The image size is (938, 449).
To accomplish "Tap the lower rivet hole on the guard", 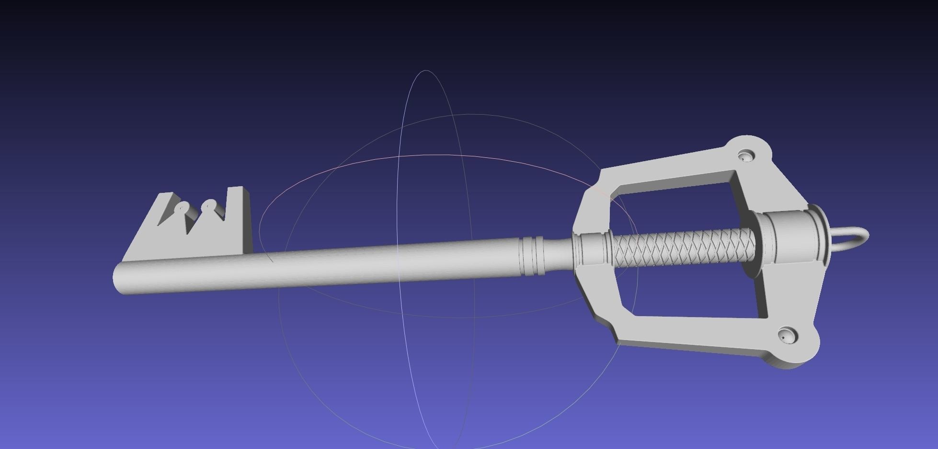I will pyautogui.click(x=787, y=334).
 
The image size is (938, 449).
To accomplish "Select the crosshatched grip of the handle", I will pyautogui.click(x=680, y=248).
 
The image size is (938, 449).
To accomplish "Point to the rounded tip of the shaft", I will pyautogui.click(x=117, y=278).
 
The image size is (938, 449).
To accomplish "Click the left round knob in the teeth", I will pyautogui.click(x=183, y=208).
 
